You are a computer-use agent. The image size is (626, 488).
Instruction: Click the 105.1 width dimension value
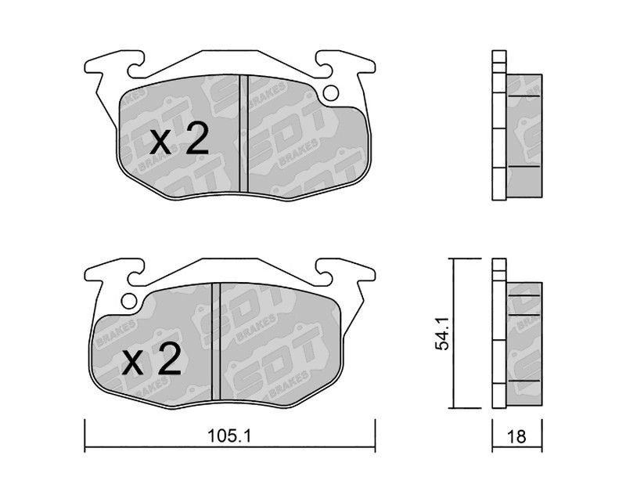[229, 436]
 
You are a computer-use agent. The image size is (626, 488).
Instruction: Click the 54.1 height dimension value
[442, 334]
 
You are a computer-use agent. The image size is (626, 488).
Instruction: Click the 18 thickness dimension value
[517, 436]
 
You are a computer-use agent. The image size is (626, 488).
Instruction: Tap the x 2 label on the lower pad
[152, 359]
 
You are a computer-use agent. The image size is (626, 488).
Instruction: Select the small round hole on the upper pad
[330, 93]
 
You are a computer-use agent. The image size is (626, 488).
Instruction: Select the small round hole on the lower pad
[129, 301]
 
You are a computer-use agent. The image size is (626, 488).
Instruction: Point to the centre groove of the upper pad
[243, 133]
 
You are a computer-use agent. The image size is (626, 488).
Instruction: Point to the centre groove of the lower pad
[216, 342]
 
